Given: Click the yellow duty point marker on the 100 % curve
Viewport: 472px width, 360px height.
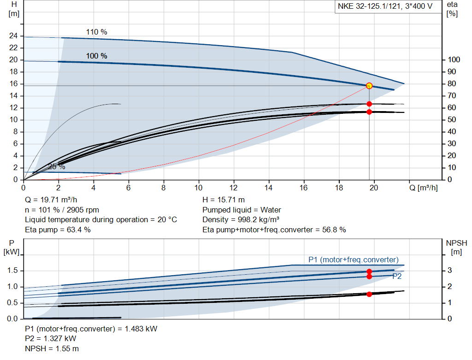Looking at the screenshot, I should coord(369,86).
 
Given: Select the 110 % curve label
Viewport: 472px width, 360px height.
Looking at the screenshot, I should coord(96,32).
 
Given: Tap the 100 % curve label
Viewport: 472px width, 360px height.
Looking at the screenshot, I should coord(96,56).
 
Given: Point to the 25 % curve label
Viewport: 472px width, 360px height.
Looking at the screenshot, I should coord(56,166).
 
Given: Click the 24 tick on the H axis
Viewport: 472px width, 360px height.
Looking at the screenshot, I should coord(14,36).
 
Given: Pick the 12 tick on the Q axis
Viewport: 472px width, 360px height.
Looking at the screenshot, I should coord(234,188).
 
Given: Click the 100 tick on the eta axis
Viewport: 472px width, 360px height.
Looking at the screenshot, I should coord(454,60).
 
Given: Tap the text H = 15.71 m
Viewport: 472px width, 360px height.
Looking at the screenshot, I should coord(224,200).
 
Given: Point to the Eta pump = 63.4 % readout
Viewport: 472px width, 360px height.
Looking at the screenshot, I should coord(58,230).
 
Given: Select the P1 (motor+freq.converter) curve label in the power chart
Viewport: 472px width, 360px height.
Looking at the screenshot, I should coord(353,260).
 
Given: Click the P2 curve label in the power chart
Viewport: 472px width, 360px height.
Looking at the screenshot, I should coord(397,276).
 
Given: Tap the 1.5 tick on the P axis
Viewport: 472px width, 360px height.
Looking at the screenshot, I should coord(12,271).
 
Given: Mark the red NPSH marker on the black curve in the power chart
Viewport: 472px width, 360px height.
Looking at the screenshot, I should coord(369,294).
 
